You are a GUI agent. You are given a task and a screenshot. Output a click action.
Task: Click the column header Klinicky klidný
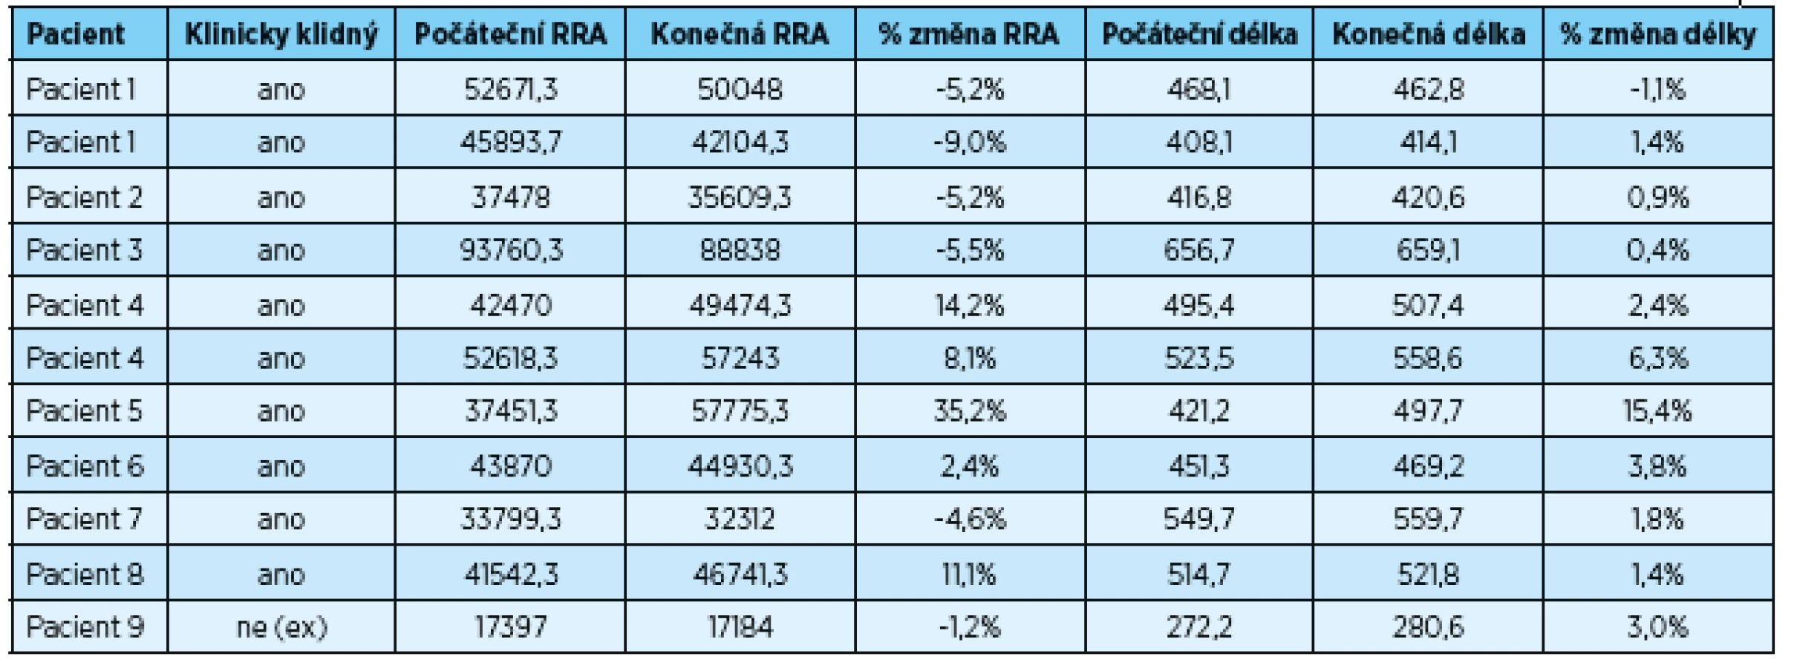click(x=281, y=34)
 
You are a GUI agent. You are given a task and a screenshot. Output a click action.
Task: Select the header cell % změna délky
click(x=1658, y=34)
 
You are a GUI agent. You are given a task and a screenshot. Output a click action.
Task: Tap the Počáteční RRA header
click(x=510, y=34)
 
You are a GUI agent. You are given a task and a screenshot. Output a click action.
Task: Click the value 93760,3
click(x=510, y=250)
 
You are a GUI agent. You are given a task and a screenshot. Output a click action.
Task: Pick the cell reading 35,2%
click(x=969, y=411)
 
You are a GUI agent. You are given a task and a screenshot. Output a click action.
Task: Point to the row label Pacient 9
click(x=85, y=627)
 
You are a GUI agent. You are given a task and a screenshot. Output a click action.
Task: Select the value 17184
click(x=740, y=627)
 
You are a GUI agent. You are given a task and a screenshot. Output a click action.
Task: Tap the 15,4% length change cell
click(x=1658, y=411)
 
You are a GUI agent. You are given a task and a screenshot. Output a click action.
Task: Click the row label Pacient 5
click(x=84, y=411)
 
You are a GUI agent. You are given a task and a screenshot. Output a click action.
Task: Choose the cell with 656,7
click(x=1199, y=250)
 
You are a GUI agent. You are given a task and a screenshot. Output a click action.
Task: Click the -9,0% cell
click(x=969, y=142)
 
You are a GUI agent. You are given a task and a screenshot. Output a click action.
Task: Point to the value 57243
click(x=740, y=358)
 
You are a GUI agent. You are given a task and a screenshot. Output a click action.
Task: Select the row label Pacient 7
click(x=84, y=519)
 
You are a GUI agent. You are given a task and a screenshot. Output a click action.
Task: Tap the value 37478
click(x=510, y=197)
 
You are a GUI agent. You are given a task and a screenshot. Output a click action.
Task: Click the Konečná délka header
click(x=1429, y=34)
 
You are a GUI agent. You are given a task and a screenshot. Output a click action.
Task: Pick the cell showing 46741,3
click(x=740, y=574)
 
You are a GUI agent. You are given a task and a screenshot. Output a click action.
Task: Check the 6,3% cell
click(x=1658, y=358)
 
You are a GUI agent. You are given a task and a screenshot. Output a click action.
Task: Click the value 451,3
click(x=1199, y=466)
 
